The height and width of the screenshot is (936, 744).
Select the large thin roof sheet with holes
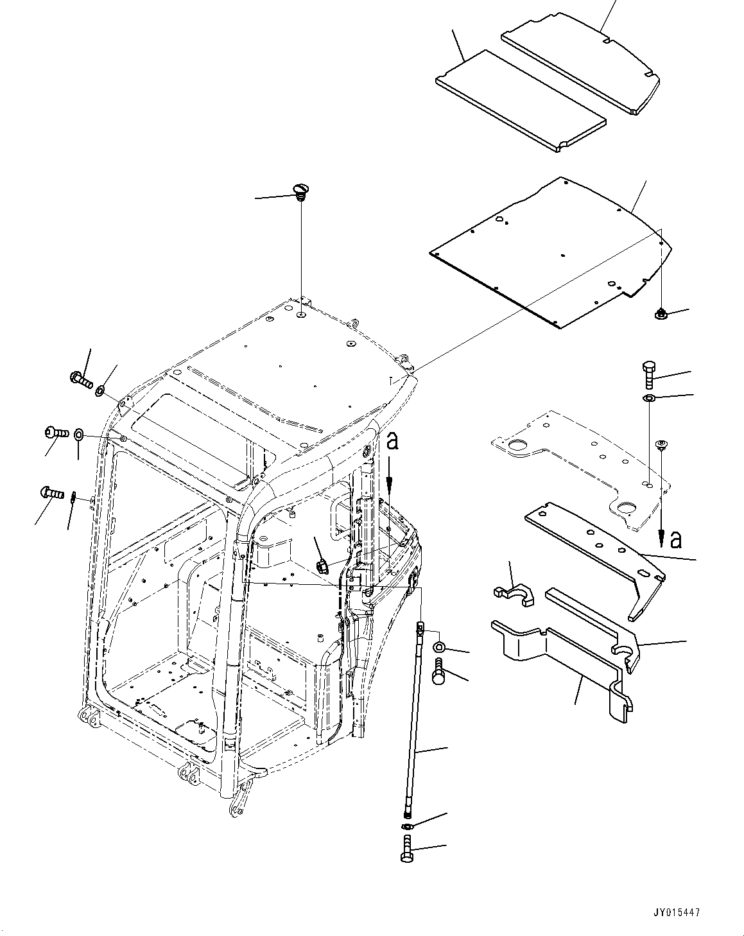pos(551,254)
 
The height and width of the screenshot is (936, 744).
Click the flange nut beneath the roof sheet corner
pos(659,314)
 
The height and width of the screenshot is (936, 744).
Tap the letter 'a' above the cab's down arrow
pos(392,443)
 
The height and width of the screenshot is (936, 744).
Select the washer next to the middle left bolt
pos(78,435)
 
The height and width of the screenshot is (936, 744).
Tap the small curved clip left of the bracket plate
pos(514,594)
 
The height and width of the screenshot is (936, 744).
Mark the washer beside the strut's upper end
pos(439,645)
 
